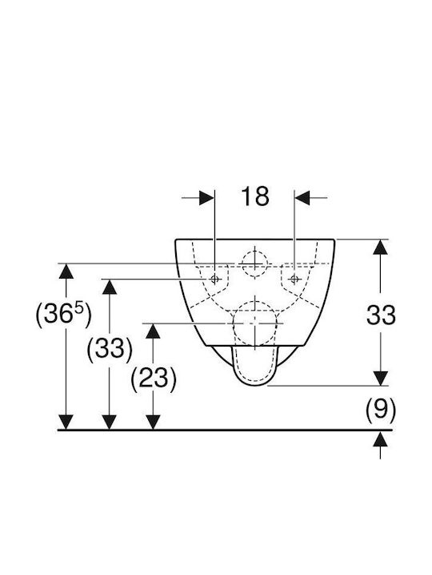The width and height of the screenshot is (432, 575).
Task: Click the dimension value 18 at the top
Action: [255, 196]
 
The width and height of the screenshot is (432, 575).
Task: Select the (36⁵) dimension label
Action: [63, 315]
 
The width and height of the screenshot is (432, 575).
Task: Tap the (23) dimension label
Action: [154, 378]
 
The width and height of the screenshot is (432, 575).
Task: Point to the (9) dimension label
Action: [381, 409]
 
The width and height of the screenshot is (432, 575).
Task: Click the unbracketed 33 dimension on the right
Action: [381, 315]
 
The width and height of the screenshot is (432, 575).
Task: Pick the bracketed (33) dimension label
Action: [110, 348]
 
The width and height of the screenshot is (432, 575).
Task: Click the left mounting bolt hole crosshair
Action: [215, 280]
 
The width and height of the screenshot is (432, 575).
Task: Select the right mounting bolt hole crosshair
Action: [294, 280]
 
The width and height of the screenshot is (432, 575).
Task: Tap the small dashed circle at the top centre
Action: [254, 264]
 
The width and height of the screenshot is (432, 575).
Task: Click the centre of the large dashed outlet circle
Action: [254, 323]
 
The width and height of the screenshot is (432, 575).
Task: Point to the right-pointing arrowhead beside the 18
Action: [206, 198]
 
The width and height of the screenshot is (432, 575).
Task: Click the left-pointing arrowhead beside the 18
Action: [302, 198]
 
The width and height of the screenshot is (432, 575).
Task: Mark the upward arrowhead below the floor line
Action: [380, 438]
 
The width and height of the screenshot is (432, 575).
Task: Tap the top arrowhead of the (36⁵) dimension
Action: [66, 272]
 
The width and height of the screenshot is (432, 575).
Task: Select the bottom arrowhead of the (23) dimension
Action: [153, 422]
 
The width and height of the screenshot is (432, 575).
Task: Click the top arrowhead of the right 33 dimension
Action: [380, 247]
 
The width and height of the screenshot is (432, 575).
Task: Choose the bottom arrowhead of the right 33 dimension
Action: [380, 378]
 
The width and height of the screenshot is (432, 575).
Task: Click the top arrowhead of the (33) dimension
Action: [110, 287]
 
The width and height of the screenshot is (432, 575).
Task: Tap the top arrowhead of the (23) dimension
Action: [153, 331]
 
